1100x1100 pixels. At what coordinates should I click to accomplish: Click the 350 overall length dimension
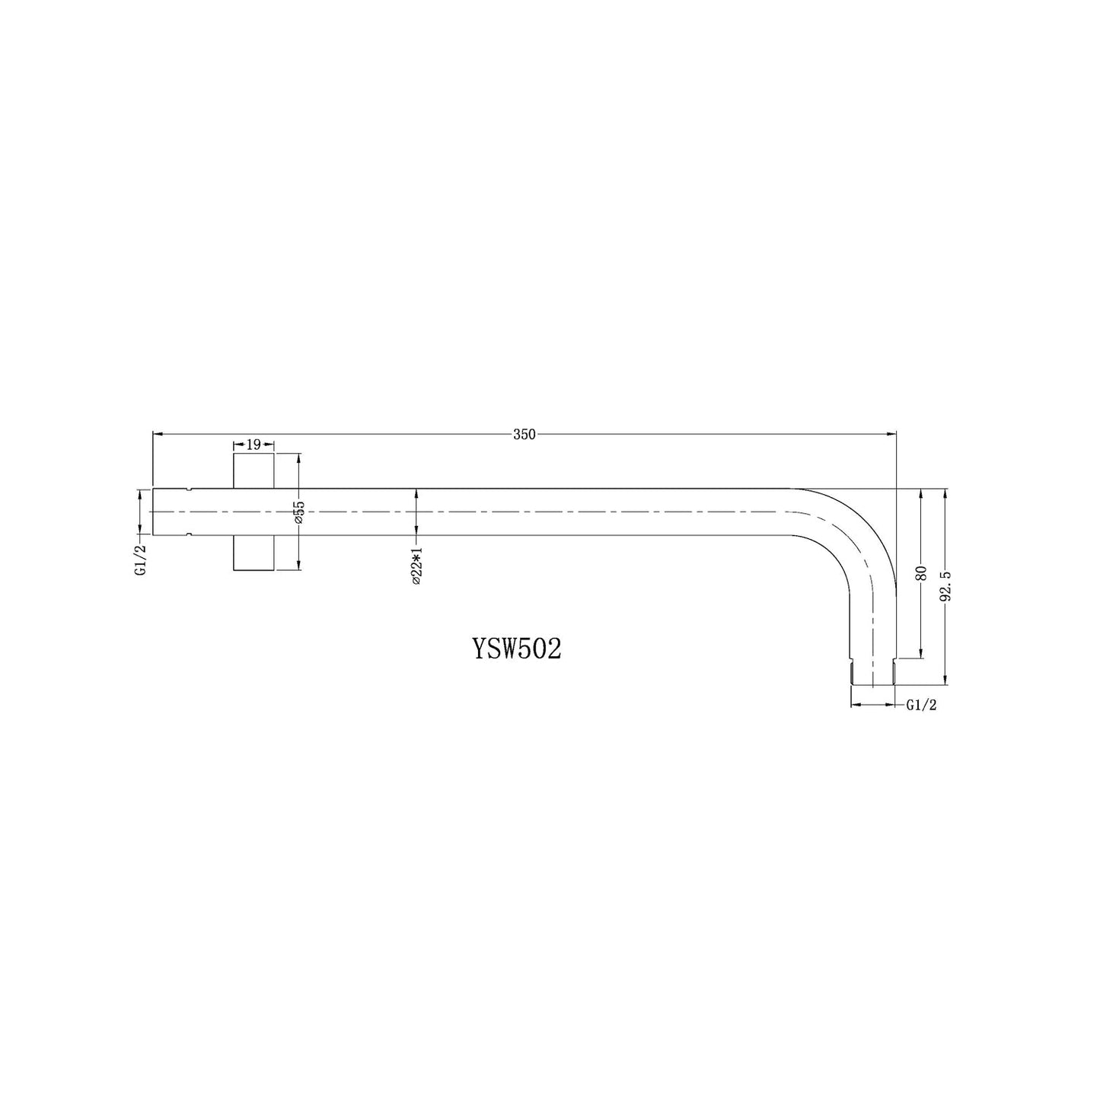pos(524,435)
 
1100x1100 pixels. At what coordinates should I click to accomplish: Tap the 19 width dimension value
pos(253,444)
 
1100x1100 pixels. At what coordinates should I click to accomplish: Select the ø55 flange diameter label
pos(299,512)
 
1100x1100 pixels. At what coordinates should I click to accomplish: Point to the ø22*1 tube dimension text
pos(416,565)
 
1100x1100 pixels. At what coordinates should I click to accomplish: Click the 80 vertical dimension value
pos(920,573)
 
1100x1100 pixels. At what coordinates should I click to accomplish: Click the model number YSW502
pos(517,649)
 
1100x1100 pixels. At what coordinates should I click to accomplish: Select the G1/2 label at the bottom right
pos(921,706)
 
